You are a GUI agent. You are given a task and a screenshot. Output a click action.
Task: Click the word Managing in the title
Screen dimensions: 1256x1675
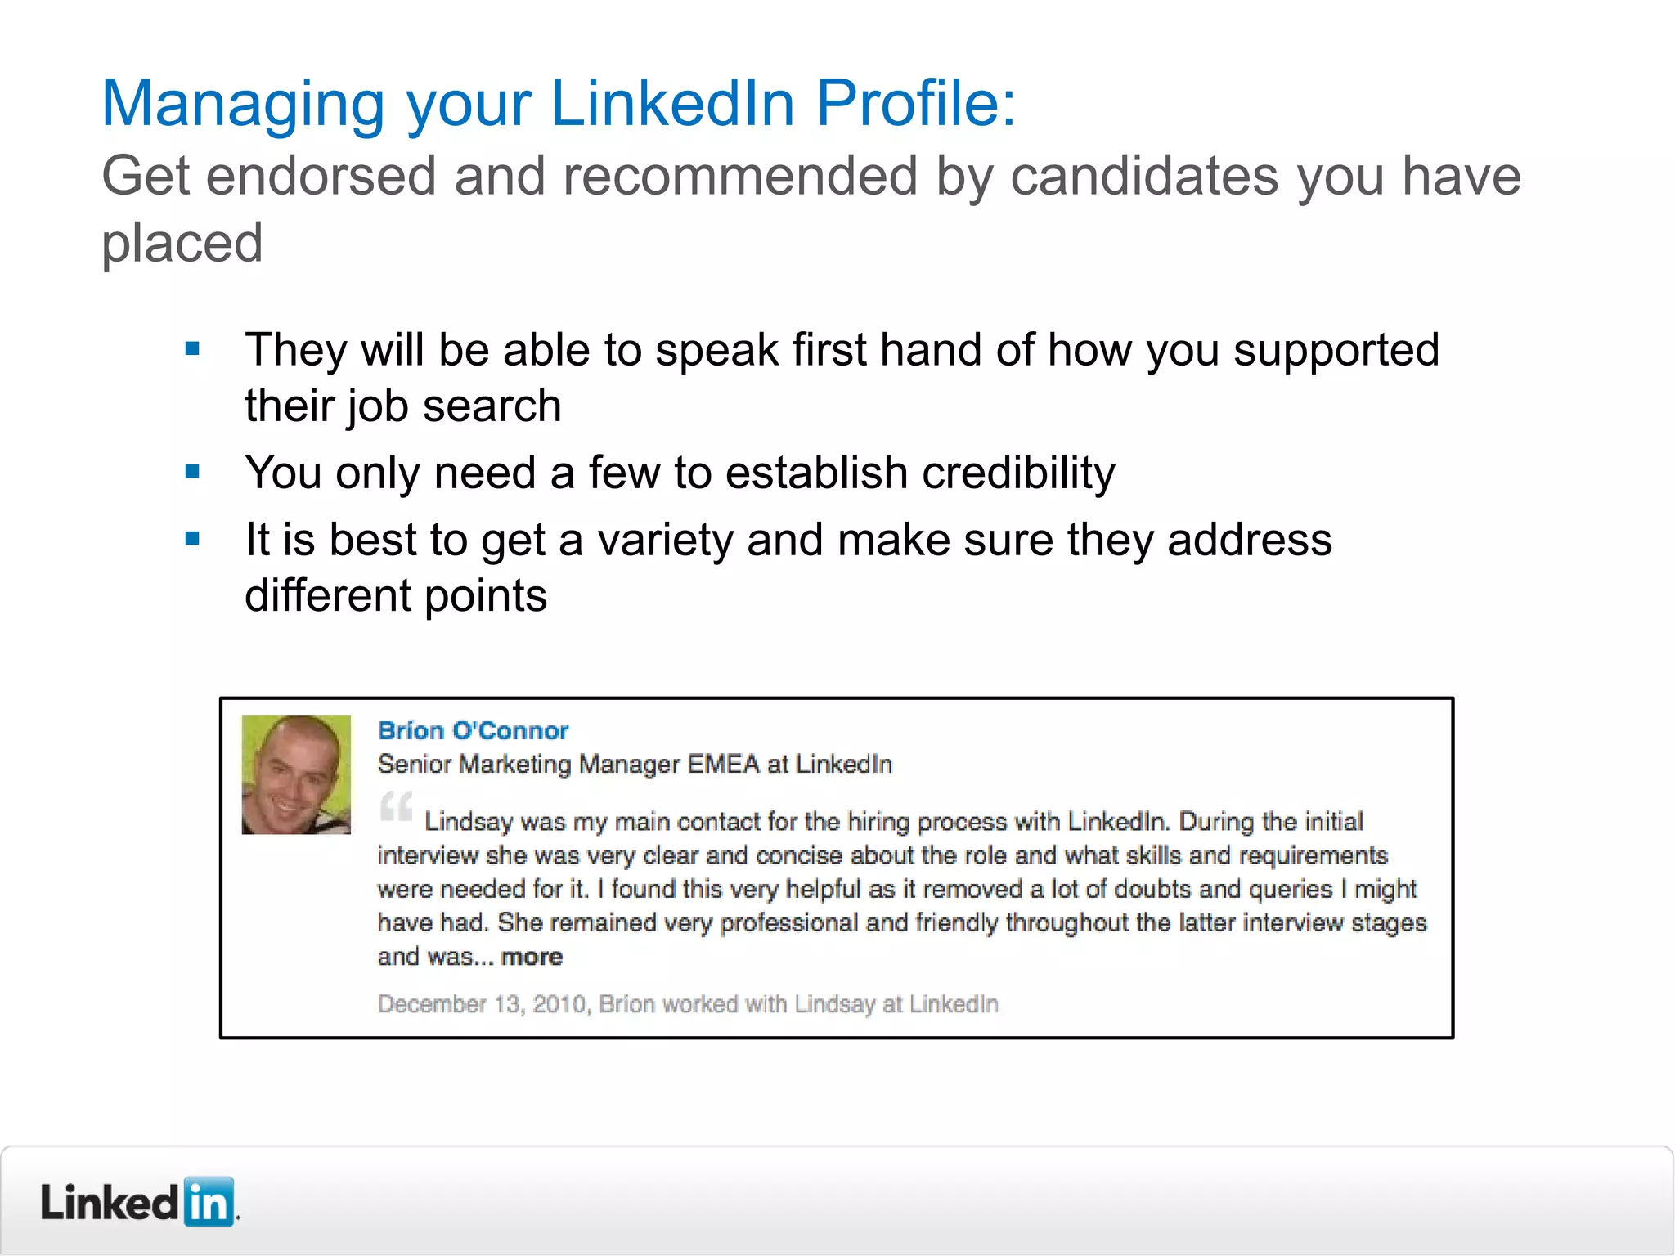242,105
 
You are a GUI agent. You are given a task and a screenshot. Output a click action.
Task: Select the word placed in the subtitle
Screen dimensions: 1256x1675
182,244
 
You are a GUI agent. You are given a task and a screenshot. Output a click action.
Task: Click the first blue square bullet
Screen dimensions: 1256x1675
193,350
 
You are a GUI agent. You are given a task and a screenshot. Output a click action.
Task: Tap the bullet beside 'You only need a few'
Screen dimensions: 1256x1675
193,472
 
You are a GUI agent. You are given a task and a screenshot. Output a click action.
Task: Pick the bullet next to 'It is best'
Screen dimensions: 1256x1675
193,539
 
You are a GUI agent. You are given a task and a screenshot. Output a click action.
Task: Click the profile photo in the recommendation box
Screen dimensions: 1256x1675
296,774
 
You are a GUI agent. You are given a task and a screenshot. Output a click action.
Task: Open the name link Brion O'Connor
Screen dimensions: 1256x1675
473,730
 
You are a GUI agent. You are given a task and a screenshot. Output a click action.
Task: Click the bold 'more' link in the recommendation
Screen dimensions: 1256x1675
532,957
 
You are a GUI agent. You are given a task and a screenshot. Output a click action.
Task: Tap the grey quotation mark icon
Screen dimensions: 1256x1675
397,806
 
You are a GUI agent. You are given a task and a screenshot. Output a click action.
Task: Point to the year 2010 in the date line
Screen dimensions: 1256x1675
559,1004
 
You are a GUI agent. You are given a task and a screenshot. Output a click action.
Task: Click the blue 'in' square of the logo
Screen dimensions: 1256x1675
209,1202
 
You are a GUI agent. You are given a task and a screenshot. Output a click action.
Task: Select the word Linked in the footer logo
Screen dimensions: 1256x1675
110,1203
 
